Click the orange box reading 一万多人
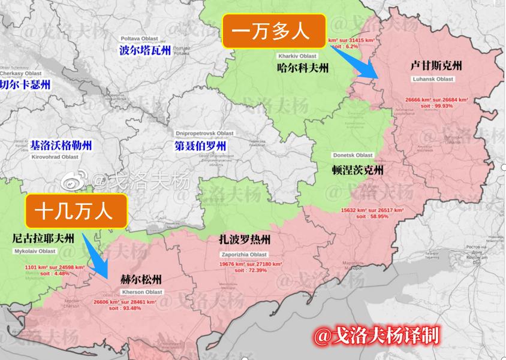point(275,31)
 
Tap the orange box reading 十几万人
point(76,211)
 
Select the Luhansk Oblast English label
point(433,79)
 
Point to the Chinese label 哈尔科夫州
point(303,68)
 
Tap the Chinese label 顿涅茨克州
point(357,170)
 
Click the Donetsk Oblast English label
point(353,155)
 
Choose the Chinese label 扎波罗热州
point(245,241)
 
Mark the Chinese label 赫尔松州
point(141,279)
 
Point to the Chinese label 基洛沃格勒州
point(61,145)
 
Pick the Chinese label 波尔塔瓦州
point(145,50)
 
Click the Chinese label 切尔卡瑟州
point(25,84)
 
